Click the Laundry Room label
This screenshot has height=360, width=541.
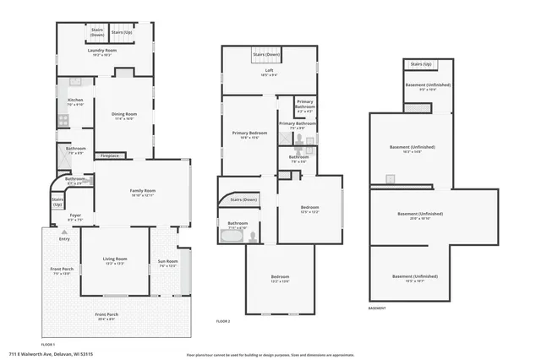(x=101, y=52)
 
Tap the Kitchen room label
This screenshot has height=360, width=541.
(x=75, y=101)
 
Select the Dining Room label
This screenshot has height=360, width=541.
(x=123, y=116)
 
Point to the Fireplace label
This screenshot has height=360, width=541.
(x=109, y=155)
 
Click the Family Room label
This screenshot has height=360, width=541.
(x=142, y=192)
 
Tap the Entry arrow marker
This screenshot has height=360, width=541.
(x=64, y=238)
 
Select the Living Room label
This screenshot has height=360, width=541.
(x=115, y=260)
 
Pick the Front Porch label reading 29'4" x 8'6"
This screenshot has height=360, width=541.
(x=107, y=316)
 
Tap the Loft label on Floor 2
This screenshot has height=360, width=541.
(x=270, y=72)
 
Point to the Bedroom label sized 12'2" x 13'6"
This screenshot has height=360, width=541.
(x=280, y=279)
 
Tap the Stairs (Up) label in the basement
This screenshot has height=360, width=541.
(x=421, y=64)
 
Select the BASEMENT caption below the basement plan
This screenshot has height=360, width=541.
(x=377, y=308)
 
